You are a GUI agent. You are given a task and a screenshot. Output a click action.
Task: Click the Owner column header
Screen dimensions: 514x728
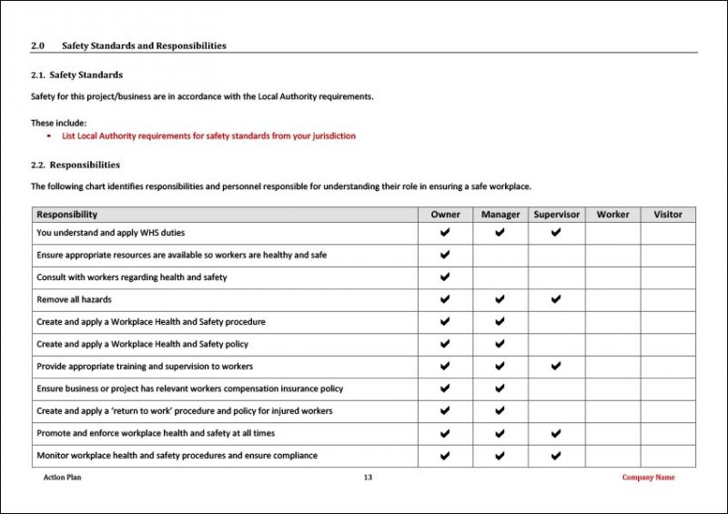point(445,215)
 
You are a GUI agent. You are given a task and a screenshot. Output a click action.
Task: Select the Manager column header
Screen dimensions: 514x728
point(500,215)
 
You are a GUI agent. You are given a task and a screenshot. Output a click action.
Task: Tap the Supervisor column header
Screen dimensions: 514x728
point(556,215)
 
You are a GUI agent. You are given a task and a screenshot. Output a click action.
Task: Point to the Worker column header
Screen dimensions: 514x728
point(612,215)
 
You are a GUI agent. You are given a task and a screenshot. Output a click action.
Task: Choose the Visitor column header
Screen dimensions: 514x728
point(668,215)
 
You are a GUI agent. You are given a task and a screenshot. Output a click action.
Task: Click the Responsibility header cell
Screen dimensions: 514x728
point(67,215)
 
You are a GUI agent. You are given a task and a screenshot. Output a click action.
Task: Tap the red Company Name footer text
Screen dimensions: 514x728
point(648,478)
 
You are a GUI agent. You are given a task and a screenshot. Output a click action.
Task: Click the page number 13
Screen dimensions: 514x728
point(368,478)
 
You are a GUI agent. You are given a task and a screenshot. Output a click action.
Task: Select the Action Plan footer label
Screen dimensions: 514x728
point(62,478)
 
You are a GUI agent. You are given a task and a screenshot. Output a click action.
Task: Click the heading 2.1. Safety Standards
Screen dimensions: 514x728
point(77,75)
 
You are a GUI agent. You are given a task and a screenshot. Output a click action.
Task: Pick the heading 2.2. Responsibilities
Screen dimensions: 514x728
point(76,165)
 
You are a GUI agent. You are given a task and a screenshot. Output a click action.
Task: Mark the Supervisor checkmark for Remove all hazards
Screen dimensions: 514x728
point(556,299)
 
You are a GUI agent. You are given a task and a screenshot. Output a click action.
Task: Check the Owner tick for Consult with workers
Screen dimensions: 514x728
point(445,277)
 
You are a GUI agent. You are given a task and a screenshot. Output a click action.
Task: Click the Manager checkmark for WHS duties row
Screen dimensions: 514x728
point(500,233)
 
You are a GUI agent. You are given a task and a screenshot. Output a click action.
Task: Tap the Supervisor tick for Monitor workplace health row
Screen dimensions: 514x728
point(556,456)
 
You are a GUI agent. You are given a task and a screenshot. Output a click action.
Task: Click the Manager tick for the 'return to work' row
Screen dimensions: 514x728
point(500,411)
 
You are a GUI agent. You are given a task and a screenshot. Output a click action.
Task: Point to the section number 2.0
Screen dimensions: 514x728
point(37,45)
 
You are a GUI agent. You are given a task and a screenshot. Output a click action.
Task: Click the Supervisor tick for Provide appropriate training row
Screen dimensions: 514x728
point(556,367)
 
